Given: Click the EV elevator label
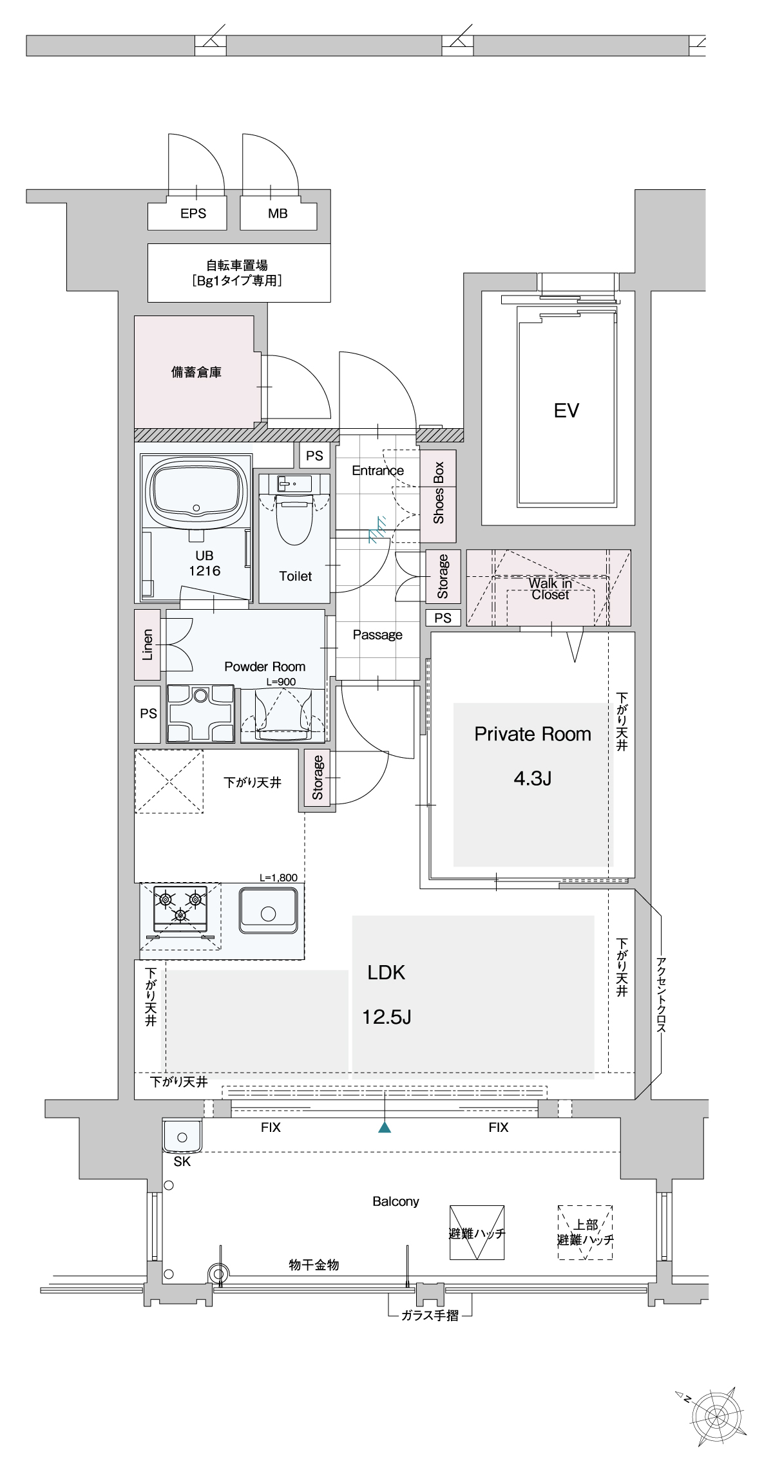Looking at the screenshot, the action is (x=566, y=410).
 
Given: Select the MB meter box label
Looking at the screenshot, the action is (x=278, y=213).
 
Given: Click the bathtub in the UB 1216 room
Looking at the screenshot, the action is (x=196, y=493).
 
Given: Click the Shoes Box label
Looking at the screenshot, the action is (x=439, y=493).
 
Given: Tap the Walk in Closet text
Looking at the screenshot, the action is (x=550, y=588).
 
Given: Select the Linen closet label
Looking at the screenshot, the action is (x=148, y=645).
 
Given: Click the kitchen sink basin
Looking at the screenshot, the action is (x=269, y=910).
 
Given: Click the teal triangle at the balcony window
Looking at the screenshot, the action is (x=385, y=1127).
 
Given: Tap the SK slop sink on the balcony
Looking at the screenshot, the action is (x=182, y=1136).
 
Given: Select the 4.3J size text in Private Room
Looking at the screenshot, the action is (x=533, y=778).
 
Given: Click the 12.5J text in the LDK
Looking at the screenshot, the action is (x=386, y=1017).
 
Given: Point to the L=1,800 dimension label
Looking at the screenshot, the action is (x=278, y=878).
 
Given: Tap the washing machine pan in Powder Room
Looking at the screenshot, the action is (x=200, y=713).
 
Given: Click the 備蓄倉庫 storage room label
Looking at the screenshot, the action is (x=196, y=372).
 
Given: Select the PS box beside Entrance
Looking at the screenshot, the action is (x=315, y=455).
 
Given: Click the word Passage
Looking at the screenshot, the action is (x=377, y=635).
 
